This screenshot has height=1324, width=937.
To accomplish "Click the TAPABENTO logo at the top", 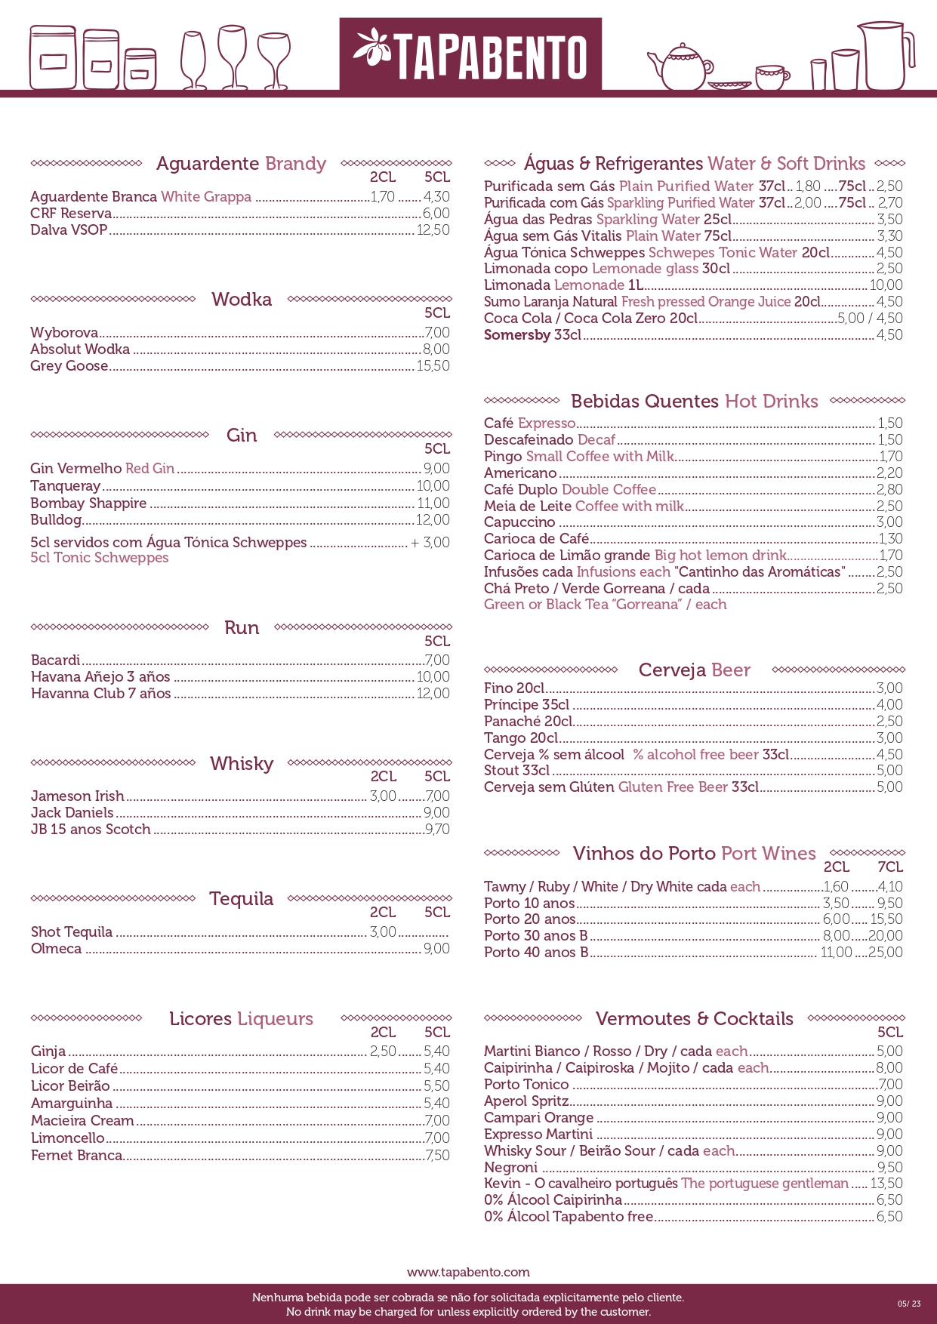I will [x=470, y=54].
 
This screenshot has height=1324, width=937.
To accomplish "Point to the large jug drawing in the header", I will [x=885, y=57].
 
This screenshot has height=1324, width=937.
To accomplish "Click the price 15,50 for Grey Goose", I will [x=433, y=366].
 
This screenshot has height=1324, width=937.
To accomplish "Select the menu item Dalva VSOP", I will [x=69, y=230].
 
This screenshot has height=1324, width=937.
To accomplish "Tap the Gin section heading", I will [x=242, y=436].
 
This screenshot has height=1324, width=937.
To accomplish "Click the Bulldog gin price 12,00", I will [x=433, y=520].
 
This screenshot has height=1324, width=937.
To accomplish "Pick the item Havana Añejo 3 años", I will [x=100, y=677].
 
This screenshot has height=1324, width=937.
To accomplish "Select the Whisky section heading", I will [x=242, y=764].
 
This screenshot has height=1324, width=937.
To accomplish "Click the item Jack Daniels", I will [x=72, y=813].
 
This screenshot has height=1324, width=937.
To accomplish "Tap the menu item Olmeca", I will [x=56, y=949].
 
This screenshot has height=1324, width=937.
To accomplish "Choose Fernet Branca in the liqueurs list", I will [x=76, y=1156].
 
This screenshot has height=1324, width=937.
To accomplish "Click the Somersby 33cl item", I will [x=532, y=335].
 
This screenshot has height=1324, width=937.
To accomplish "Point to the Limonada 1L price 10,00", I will [x=886, y=285].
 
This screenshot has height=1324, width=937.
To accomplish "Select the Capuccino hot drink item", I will [x=519, y=522].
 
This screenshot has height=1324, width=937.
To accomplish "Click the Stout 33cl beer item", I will [x=516, y=771].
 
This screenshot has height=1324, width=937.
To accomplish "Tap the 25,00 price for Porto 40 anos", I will [x=886, y=953].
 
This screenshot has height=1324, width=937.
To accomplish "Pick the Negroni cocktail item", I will [x=510, y=1168].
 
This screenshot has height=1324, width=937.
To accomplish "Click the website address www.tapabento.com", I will [x=468, y=1272].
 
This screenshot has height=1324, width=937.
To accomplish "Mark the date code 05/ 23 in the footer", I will [x=909, y=1304].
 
